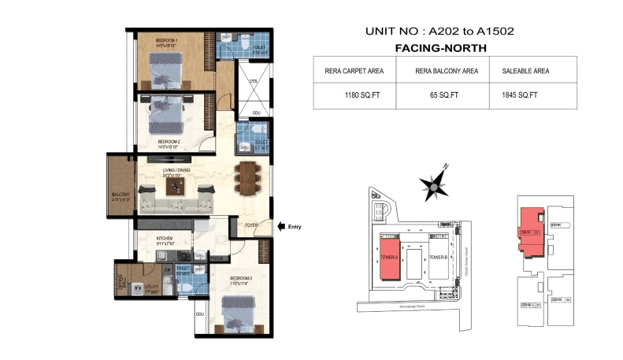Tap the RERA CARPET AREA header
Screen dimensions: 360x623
(354, 71)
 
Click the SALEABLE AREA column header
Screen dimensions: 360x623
(525, 71)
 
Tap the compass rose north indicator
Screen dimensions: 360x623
(434, 184)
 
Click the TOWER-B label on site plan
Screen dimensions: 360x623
(437, 258)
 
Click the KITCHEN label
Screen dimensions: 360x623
(165, 237)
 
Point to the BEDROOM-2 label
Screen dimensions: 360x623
(170, 142)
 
